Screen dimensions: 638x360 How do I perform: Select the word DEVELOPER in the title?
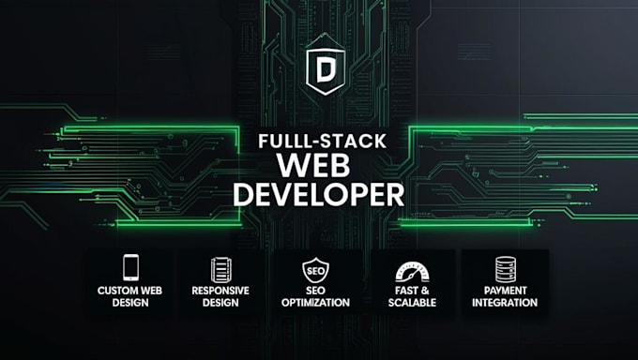[318, 196]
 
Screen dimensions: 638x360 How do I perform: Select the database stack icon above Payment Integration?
[505, 269]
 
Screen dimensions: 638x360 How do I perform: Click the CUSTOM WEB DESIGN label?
[130, 296]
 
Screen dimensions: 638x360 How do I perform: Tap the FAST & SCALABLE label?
[412, 296]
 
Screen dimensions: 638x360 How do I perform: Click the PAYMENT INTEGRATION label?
[505, 296]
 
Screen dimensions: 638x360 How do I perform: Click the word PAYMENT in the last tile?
[505, 291]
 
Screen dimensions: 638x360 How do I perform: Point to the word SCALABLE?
[412, 303]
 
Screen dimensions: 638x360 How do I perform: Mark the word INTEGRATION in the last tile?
[505, 303]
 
